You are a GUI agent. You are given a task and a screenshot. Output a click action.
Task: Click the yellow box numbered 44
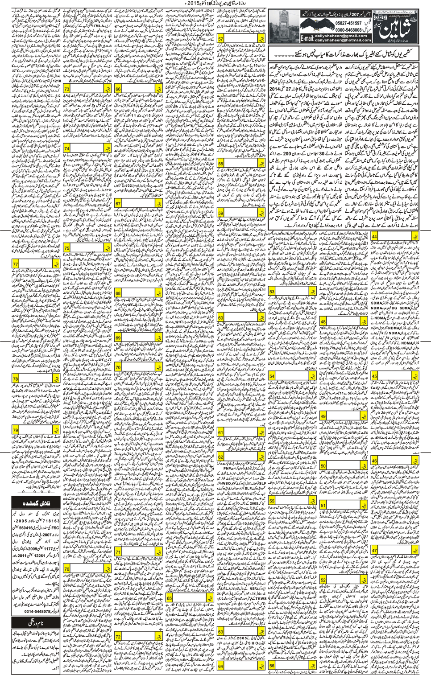coord(375,236)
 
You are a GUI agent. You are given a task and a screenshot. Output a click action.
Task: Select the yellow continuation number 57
coord(220,39)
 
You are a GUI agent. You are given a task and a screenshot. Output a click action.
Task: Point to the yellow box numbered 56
coord(273,665)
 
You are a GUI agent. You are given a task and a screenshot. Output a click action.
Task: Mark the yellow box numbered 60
coord(220,318)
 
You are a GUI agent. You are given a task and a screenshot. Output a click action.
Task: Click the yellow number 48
coord(323,321)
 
